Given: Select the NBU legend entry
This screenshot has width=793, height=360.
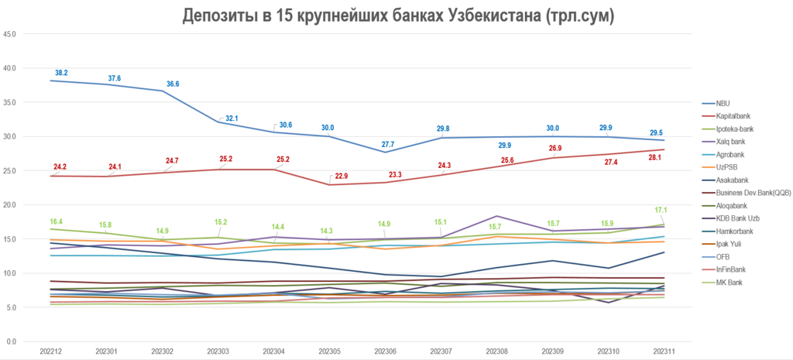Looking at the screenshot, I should tap(723, 103).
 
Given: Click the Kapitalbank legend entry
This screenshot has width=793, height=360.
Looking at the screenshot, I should tap(733, 116).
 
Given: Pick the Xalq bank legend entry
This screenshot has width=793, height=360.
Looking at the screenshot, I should tap(731, 142).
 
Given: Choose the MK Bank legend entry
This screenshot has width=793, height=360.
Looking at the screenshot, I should tap(729, 282).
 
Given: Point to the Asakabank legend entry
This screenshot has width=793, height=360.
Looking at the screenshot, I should tap(731, 180).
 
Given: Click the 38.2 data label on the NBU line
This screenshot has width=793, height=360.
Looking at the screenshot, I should tap(61, 73).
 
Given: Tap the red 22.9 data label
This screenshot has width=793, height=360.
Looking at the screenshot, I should tap(340, 176).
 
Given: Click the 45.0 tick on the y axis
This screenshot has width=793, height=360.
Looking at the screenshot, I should tap(11, 34).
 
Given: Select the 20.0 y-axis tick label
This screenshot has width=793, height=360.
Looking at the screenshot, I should tap(11, 205).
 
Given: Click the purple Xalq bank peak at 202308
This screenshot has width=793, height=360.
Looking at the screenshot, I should tap(496, 216).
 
